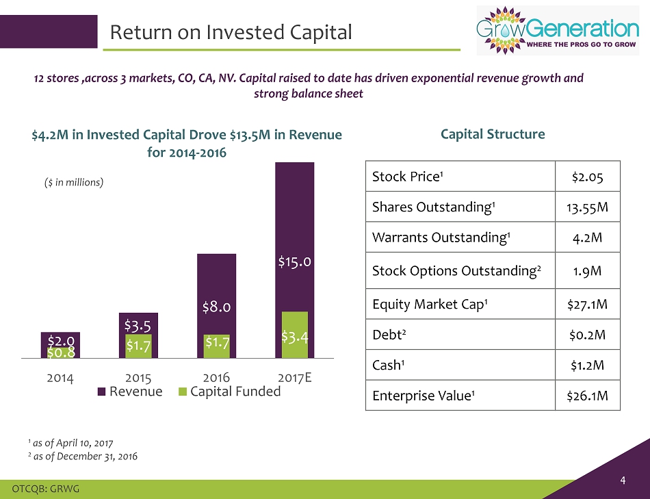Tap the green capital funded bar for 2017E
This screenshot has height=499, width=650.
click(294, 335)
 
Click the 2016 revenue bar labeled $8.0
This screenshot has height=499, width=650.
click(216, 287)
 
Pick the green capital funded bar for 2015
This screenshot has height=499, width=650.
click(138, 346)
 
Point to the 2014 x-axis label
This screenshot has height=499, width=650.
click(60, 376)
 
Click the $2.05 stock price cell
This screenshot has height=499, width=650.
click(586, 177)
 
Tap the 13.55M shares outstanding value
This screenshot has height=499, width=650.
click(586, 207)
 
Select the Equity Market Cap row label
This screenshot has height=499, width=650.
click(417, 304)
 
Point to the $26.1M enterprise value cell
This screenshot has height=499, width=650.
click(586, 395)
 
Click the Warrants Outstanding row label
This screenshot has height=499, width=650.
click(441, 238)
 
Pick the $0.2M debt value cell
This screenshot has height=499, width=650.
click(586, 334)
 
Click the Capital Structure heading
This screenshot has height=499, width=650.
click(493, 134)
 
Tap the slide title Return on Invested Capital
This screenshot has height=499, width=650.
click(231, 31)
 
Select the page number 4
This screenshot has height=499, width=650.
click(623, 480)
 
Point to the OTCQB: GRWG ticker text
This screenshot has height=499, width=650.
click(42, 487)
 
